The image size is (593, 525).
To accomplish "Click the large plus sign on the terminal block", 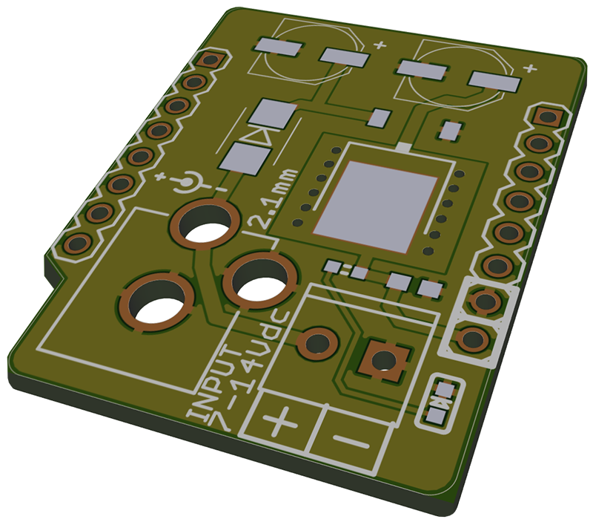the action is pos(280,420).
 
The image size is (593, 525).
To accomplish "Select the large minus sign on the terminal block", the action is pos(351,442).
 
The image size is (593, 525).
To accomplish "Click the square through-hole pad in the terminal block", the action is pos(384,360).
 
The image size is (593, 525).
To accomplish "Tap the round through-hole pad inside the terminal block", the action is pos(317,343).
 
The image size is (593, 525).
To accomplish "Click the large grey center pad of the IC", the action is pos(376,206).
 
